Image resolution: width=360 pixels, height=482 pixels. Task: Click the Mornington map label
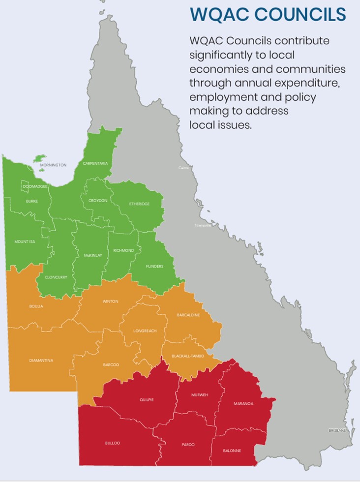click(x=53, y=165)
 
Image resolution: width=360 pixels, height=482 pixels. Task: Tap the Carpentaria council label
click(x=95, y=163)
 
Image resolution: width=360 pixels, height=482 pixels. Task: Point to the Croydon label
click(x=97, y=201)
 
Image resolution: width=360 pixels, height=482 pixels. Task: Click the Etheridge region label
click(x=139, y=204)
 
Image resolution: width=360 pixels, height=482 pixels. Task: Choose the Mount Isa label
click(x=25, y=242)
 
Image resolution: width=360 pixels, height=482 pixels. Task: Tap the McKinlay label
click(x=93, y=256)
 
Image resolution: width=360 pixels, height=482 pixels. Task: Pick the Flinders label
click(x=154, y=267)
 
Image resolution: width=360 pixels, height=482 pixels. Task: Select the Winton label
click(x=110, y=301)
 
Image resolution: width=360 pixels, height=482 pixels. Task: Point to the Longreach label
click(x=145, y=331)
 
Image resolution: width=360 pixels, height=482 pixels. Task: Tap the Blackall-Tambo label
click(x=184, y=356)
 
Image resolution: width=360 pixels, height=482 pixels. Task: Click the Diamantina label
click(x=41, y=361)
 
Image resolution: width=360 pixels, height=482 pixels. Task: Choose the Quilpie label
click(x=147, y=400)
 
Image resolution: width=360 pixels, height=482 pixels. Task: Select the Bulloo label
click(x=112, y=443)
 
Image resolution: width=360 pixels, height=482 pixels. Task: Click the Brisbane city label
click(x=337, y=430)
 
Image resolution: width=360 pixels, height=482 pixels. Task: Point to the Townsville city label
click(x=203, y=225)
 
